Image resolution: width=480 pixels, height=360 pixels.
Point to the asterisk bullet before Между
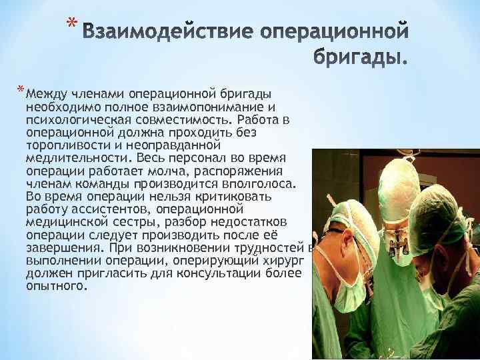click(x=21, y=91)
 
